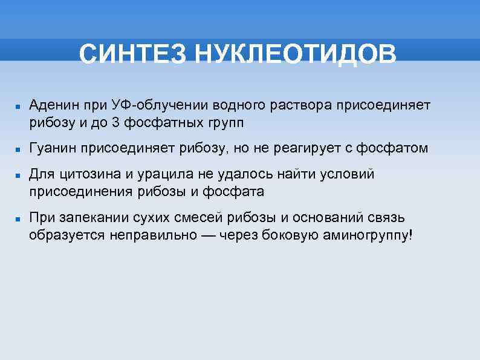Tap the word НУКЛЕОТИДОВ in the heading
tap(294, 54)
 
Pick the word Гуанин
tap(53, 148)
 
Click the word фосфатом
tap(392, 148)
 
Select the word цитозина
tap(90, 174)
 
